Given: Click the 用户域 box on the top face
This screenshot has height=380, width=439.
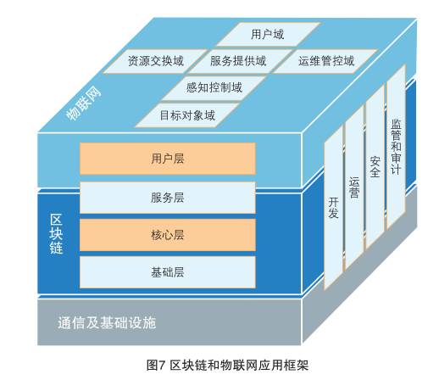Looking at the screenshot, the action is tap(268, 34).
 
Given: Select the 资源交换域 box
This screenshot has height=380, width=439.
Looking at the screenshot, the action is tap(156, 61).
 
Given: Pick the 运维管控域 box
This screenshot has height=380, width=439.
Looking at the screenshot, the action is tap(325, 61).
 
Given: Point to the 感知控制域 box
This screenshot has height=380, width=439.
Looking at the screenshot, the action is tap(214, 87).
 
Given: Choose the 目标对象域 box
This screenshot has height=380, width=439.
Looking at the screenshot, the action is tap(187, 115).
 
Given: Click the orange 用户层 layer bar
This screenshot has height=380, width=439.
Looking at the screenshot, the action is tap(168, 159).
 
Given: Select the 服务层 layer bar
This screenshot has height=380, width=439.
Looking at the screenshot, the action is tap(168, 198).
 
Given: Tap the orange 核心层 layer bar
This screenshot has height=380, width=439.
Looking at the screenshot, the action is tap(168, 235).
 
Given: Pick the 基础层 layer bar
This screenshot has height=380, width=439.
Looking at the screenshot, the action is tap(168, 272).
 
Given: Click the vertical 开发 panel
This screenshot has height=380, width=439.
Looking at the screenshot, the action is tap(333, 207).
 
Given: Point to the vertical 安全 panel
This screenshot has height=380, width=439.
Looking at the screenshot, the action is tap(375, 167).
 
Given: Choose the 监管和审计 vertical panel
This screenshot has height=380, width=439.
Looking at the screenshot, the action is tap(396, 146).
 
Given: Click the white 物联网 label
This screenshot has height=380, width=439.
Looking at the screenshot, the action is tap(83, 103).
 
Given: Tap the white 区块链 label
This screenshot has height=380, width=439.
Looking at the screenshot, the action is tap(56, 234).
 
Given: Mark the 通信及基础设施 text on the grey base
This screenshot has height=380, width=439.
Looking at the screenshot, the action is tap(107, 323).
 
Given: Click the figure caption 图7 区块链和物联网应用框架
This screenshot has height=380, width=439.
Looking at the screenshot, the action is tap(227, 365).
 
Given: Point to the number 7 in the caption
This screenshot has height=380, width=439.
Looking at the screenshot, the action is tap(161, 365).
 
